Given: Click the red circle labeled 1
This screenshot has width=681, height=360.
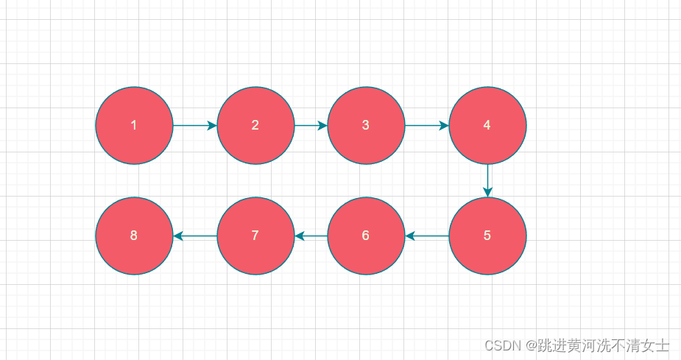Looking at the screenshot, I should coord(134,125).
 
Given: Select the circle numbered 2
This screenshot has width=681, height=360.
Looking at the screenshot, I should coord(255,125).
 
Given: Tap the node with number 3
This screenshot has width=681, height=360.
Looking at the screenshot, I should coord(366,125).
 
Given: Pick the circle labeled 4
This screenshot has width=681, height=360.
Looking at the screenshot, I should coord(487,125).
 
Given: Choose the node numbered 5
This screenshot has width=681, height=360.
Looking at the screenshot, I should coord(487,236).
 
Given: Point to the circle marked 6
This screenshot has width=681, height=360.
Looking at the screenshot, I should coord(366,236).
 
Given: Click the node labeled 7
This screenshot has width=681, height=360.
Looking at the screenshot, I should coord(255,236).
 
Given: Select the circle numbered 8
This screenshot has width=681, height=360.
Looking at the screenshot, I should coord(134,236).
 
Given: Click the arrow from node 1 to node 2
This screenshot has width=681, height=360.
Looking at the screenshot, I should coord(194,125).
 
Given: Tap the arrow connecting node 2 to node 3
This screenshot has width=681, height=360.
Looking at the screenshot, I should coord(310,125).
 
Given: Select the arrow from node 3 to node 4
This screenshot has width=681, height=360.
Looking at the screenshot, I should coord(426,125).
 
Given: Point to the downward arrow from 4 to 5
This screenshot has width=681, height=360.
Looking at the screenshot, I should coord(487,180).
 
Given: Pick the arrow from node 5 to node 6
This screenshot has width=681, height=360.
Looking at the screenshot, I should coord(427,236).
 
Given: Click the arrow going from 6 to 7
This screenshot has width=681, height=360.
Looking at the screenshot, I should coord(311,236).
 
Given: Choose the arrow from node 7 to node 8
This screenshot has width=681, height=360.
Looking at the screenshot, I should coord(195,236).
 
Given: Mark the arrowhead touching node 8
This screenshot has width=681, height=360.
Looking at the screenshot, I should coord(177,236).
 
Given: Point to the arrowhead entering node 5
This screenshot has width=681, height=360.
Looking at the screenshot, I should coord(487,193).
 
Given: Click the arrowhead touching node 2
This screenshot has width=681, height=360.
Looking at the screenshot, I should coord(213,125).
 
